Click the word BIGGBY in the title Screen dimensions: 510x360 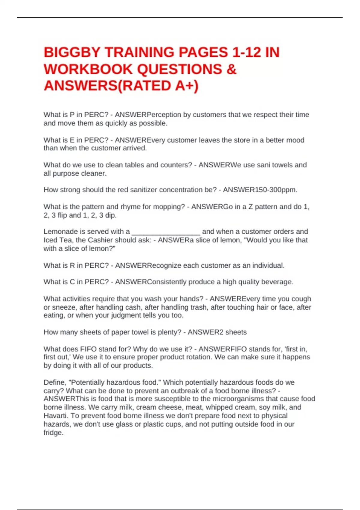pos(71,52)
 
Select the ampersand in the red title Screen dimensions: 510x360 pos(231,69)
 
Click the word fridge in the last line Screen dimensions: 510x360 pos(53,433)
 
